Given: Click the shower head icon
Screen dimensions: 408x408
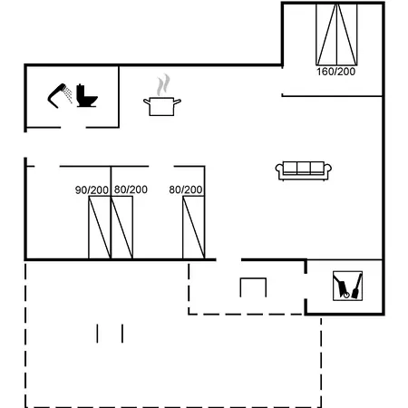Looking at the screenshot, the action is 60,95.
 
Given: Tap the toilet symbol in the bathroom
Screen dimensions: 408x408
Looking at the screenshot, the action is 87,95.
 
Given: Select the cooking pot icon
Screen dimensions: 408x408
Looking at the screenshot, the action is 162,106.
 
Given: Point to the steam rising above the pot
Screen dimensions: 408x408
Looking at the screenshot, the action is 163,85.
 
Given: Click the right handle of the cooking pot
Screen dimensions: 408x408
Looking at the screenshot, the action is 178,102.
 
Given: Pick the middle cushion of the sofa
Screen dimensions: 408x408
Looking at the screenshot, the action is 304,168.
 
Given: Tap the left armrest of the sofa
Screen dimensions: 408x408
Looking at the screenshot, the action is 279,170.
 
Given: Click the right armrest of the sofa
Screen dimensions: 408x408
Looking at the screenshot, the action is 327,170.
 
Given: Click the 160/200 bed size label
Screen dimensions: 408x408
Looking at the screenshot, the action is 335,72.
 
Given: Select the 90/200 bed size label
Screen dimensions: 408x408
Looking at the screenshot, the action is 92,190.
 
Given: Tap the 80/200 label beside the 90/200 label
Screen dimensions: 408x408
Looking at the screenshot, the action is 131,189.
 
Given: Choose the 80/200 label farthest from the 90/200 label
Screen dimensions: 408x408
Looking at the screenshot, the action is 186,189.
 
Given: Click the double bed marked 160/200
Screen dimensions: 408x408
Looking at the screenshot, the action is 336,34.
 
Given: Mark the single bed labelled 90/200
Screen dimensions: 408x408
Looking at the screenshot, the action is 100,228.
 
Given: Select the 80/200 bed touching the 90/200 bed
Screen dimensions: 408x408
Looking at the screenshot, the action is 121,228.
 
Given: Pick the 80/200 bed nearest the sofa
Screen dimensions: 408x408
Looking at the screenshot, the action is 194,228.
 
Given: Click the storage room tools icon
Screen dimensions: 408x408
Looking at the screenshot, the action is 347,286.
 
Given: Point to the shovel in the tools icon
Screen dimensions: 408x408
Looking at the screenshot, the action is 357,287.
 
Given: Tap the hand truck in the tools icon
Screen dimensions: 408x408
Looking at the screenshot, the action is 342,286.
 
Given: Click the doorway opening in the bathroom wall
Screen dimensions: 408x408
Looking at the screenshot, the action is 73,127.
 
